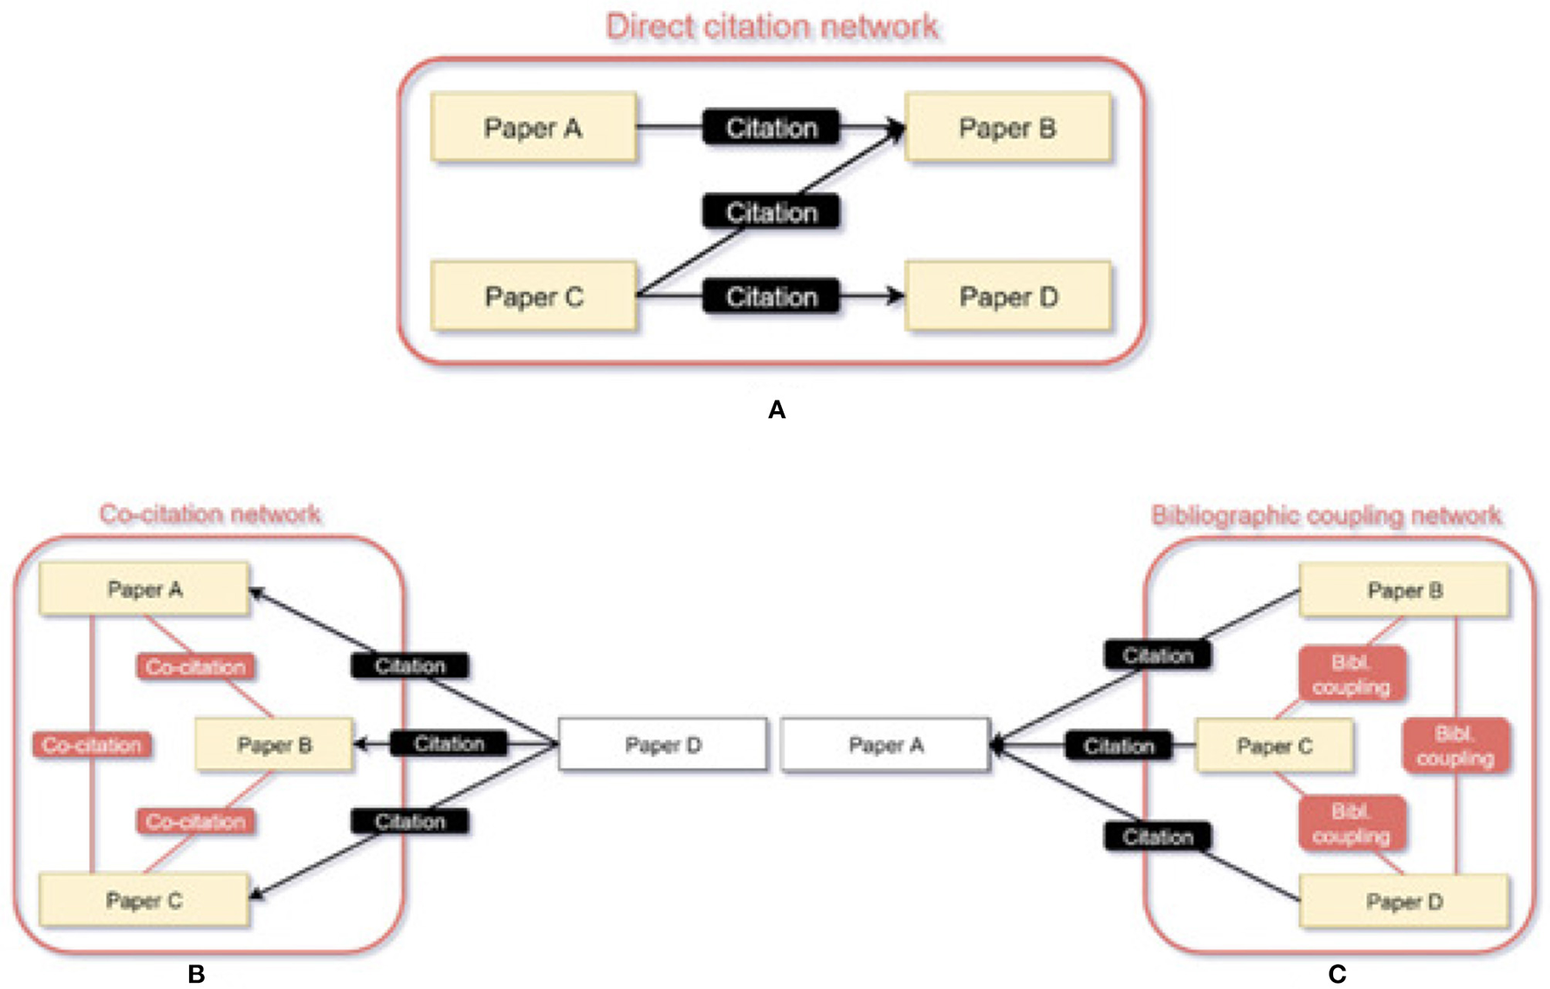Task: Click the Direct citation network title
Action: pyautogui.click(x=772, y=27)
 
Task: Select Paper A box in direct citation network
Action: pyautogui.click(x=533, y=128)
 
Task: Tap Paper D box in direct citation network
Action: pyautogui.click(x=1008, y=297)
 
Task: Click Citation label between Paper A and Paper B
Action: pyautogui.click(x=771, y=128)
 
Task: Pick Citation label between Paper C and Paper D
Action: pyautogui.click(x=771, y=297)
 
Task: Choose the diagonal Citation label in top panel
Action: pyautogui.click(x=771, y=212)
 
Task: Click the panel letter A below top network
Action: pyautogui.click(x=776, y=409)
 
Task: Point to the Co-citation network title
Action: pyautogui.click(x=210, y=514)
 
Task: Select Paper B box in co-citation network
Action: pyautogui.click(x=274, y=745)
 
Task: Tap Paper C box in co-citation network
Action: pyautogui.click(x=144, y=901)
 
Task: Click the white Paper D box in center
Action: pyautogui.click(x=662, y=745)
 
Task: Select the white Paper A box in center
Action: pyautogui.click(x=885, y=745)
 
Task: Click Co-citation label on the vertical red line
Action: pyautogui.click(x=92, y=745)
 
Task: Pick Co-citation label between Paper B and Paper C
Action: pyautogui.click(x=196, y=822)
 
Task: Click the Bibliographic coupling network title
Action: pyautogui.click(x=1326, y=516)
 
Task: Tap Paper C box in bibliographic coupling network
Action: pyautogui.click(x=1274, y=746)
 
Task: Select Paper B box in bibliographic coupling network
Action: pyautogui.click(x=1404, y=591)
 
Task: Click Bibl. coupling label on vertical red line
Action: pyautogui.click(x=1455, y=746)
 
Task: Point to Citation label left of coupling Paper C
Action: pyautogui.click(x=1118, y=746)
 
